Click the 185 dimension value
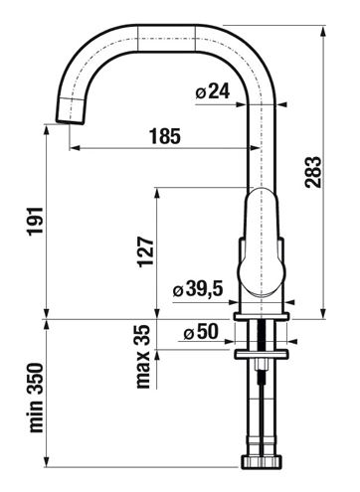tap(165, 136)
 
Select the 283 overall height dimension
tap(313, 172)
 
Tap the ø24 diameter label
tap(213, 91)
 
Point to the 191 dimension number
tap(35, 221)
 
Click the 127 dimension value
tap(146, 251)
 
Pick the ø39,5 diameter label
tap(198, 289)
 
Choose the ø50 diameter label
tap(201, 332)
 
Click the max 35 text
tap(143, 357)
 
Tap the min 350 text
tap(36, 398)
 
